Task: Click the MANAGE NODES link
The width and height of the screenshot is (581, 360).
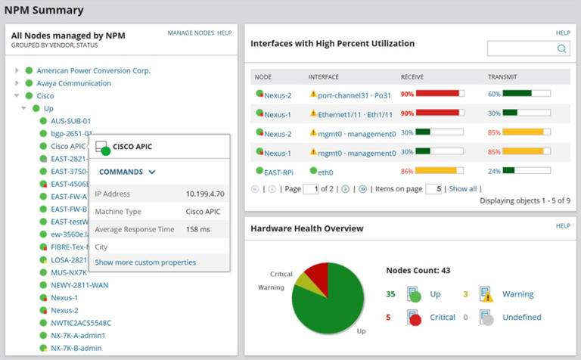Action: click(191, 33)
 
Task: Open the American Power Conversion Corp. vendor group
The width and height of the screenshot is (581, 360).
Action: click(93, 71)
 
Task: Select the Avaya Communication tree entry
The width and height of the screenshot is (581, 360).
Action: click(73, 83)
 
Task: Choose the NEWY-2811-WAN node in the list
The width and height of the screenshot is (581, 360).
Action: click(79, 285)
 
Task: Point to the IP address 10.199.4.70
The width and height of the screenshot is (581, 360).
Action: click(205, 194)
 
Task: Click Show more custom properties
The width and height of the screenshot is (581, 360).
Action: click(145, 262)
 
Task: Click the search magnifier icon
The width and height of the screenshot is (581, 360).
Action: click(561, 49)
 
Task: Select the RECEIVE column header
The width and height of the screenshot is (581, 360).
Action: click(413, 77)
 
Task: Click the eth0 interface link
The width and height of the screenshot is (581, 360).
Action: click(326, 172)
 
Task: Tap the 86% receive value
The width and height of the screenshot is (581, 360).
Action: click(406, 172)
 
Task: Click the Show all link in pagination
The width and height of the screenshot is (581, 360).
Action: click(462, 189)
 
